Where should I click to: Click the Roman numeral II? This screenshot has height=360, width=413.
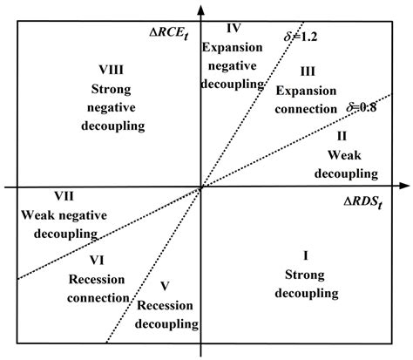point(342,136)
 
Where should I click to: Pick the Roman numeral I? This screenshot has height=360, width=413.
point(305,255)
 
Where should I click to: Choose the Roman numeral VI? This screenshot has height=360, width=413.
point(98,261)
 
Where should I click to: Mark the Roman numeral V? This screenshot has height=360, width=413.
point(166,286)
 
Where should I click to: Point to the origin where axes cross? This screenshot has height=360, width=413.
point(201,186)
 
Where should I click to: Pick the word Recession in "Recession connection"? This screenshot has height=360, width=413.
point(95,280)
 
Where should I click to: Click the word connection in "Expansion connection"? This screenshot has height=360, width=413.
point(305,109)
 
